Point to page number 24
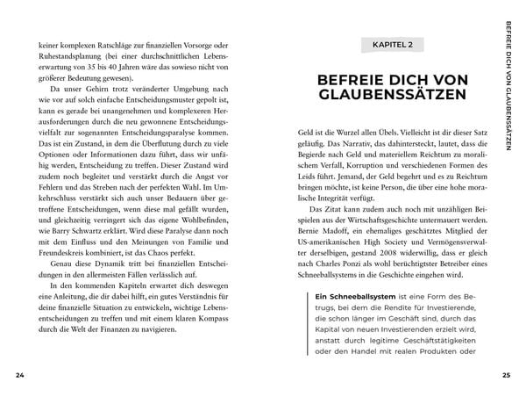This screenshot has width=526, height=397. [19, 376]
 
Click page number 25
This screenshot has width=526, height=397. [506, 376]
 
